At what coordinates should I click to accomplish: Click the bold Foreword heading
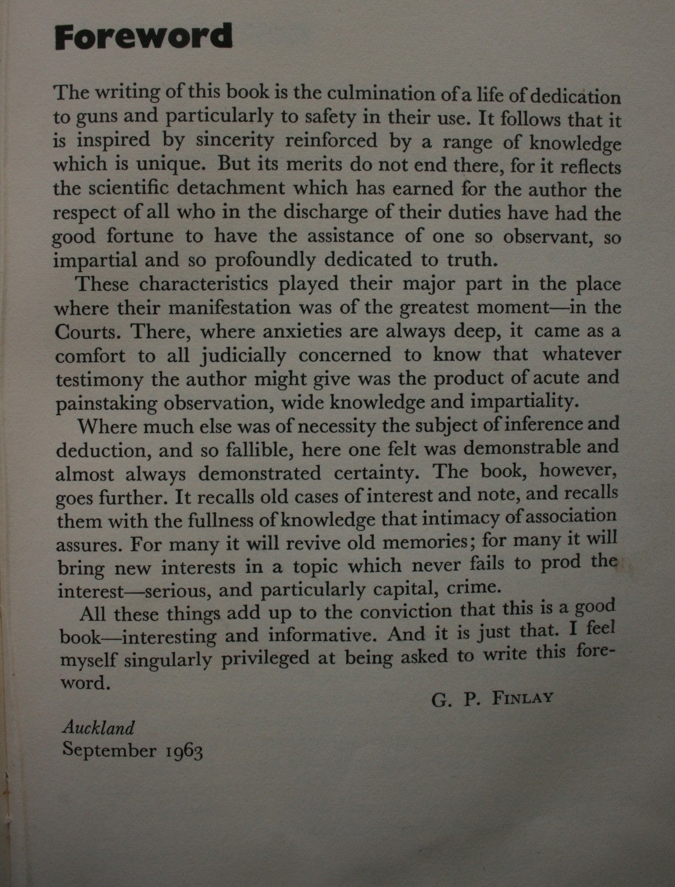pyautogui.click(x=143, y=37)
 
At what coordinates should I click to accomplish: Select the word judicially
pyautogui.click(x=244, y=356)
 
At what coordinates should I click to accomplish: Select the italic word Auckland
pyautogui.click(x=98, y=728)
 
